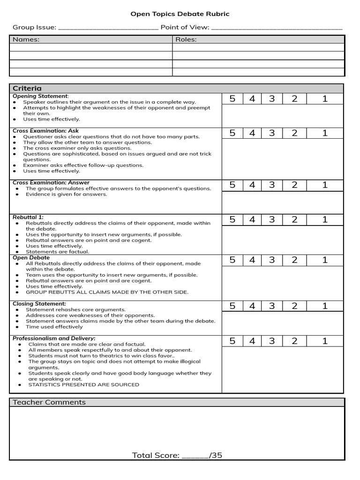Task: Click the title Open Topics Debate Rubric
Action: pyautogui.click(x=180, y=14)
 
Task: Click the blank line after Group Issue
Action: pyautogui.click(x=108, y=28)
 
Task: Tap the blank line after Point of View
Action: pyautogui.click(x=277, y=28)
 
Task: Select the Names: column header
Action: pyautogui.click(x=26, y=39)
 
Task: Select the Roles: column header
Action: pyautogui.click(x=186, y=39)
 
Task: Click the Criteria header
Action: pyautogui.click(x=27, y=88)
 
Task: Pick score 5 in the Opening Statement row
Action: pyautogui.click(x=232, y=98)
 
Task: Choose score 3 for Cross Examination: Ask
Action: pyautogui.click(x=272, y=133)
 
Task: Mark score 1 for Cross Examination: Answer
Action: pyautogui.click(x=325, y=185)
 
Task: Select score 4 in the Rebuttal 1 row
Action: pyautogui.click(x=252, y=219)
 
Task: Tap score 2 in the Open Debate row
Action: pyautogui.click(x=294, y=260)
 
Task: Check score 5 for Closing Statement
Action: pyautogui.click(x=232, y=306)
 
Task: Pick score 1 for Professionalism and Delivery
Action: pyautogui.click(x=325, y=341)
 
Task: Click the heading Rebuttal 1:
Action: pyautogui.click(x=28, y=217)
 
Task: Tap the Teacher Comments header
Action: pyautogui.click(x=49, y=402)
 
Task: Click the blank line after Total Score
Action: pyautogui.click(x=195, y=456)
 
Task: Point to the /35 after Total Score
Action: pyautogui.click(x=216, y=455)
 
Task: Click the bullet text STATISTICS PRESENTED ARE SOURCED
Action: pyautogui.click(x=83, y=384)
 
